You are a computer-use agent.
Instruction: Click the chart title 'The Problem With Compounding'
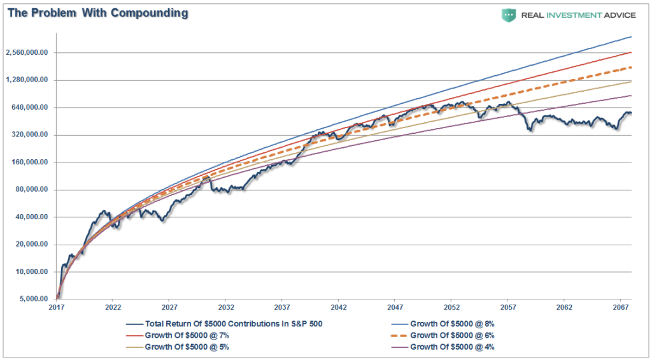pyautogui.click(x=97, y=13)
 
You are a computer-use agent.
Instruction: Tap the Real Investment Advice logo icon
pyautogui.click(x=509, y=15)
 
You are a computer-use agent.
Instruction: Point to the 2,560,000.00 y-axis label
pyautogui.click(x=27, y=52)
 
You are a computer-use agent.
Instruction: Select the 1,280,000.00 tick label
pyautogui.click(x=27, y=80)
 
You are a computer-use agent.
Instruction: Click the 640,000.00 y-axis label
pyautogui.click(x=29, y=108)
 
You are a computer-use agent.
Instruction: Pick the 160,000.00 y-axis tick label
pyautogui.click(x=29, y=162)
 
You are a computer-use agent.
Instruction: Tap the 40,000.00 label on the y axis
pyautogui.click(x=31, y=217)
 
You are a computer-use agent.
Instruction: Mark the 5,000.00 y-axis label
pyautogui.click(x=33, y=299)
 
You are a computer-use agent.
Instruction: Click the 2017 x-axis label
pyautogui.click(x=56, y=308)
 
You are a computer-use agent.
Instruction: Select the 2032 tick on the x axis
pyautogui.click(x=226, y=308)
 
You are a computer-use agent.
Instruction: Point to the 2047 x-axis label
pyautogui.click(x=395, y=308)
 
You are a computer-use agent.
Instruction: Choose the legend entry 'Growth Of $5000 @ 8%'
pyautogui.click(x=443, y=324)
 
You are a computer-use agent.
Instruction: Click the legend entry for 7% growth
pyautogui.click(x=177, y=335)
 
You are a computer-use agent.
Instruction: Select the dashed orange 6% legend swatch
pyautogui.click(x=399, y=335)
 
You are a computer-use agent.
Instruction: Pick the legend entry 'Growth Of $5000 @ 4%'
pyautogui.click(x=443, y=347)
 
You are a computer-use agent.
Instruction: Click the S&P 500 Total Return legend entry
pyautogui.click(x=223, y=324)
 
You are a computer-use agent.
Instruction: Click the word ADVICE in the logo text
pyautogui.click(x=620, y=15)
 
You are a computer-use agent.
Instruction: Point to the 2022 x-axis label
pyautogui.click(x=113, y=308)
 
